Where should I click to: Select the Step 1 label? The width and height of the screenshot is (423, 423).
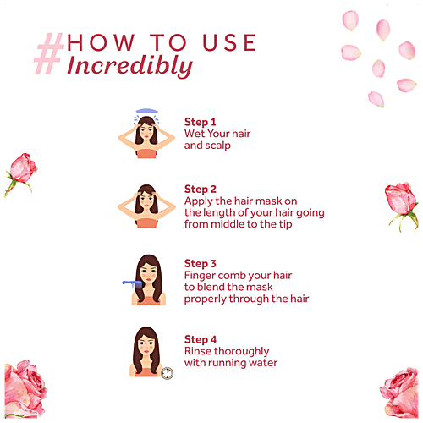(201, 122)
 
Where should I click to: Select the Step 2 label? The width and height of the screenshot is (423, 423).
(201, 189)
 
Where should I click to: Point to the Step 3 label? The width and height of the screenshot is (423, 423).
(201, 263)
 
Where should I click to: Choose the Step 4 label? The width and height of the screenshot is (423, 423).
(201, 340)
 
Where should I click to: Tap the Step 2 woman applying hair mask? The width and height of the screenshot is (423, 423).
(146, 207)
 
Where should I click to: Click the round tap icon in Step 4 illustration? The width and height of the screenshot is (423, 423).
(167, 371)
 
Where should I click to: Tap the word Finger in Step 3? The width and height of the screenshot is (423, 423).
(203, 275)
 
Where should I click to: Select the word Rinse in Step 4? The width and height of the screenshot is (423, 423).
(201, 351)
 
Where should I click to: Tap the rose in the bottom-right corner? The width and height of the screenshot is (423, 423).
(398, 393)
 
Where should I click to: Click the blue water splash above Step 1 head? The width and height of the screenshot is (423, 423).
(146, 110)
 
